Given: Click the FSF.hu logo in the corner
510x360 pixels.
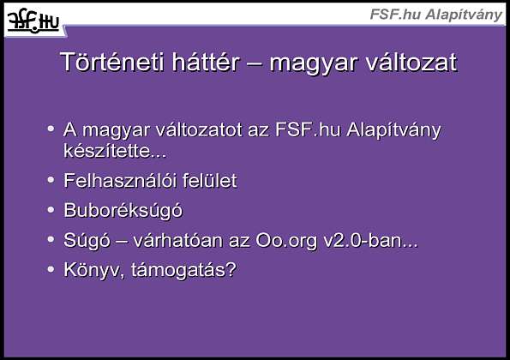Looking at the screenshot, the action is (x=33, y=21).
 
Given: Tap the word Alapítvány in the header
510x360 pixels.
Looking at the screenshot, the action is (x=464, y=15).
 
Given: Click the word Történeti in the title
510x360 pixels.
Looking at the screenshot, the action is (x=112, y=62).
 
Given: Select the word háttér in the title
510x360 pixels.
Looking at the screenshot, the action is (x=206, y=62).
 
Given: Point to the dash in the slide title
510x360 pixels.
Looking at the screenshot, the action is (x=255, y=63).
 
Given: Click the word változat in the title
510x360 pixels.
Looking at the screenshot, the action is (x=411, y=62).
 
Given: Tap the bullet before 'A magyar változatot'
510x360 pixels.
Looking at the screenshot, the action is (x=51, y=129).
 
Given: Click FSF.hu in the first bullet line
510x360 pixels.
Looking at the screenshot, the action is (x=308, y=129).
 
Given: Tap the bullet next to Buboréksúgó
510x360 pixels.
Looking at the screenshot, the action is (x=51, y=209).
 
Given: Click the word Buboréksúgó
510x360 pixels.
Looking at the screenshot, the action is (x=123, y=211).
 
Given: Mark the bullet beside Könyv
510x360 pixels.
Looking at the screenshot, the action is (x=51, y=268).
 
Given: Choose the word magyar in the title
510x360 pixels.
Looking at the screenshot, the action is (x=314, y=63).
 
